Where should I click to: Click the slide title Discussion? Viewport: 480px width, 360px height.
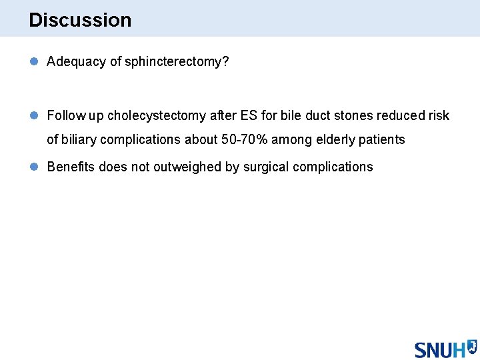point(80,20)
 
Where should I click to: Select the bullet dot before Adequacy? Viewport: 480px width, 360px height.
point(34,61)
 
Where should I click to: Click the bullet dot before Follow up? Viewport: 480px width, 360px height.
point(34,115)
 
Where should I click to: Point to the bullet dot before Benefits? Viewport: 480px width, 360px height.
point(34,167)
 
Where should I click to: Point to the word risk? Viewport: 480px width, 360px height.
point(439,115)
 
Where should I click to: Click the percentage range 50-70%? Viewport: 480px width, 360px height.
point(249,139)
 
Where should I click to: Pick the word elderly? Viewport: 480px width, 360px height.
point(336,139)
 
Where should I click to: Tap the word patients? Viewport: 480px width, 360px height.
point(383,139)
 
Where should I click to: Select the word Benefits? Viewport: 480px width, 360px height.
point(71,167)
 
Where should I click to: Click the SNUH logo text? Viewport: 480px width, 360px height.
point(440,349)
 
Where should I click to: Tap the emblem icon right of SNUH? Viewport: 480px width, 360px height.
point(472,346)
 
